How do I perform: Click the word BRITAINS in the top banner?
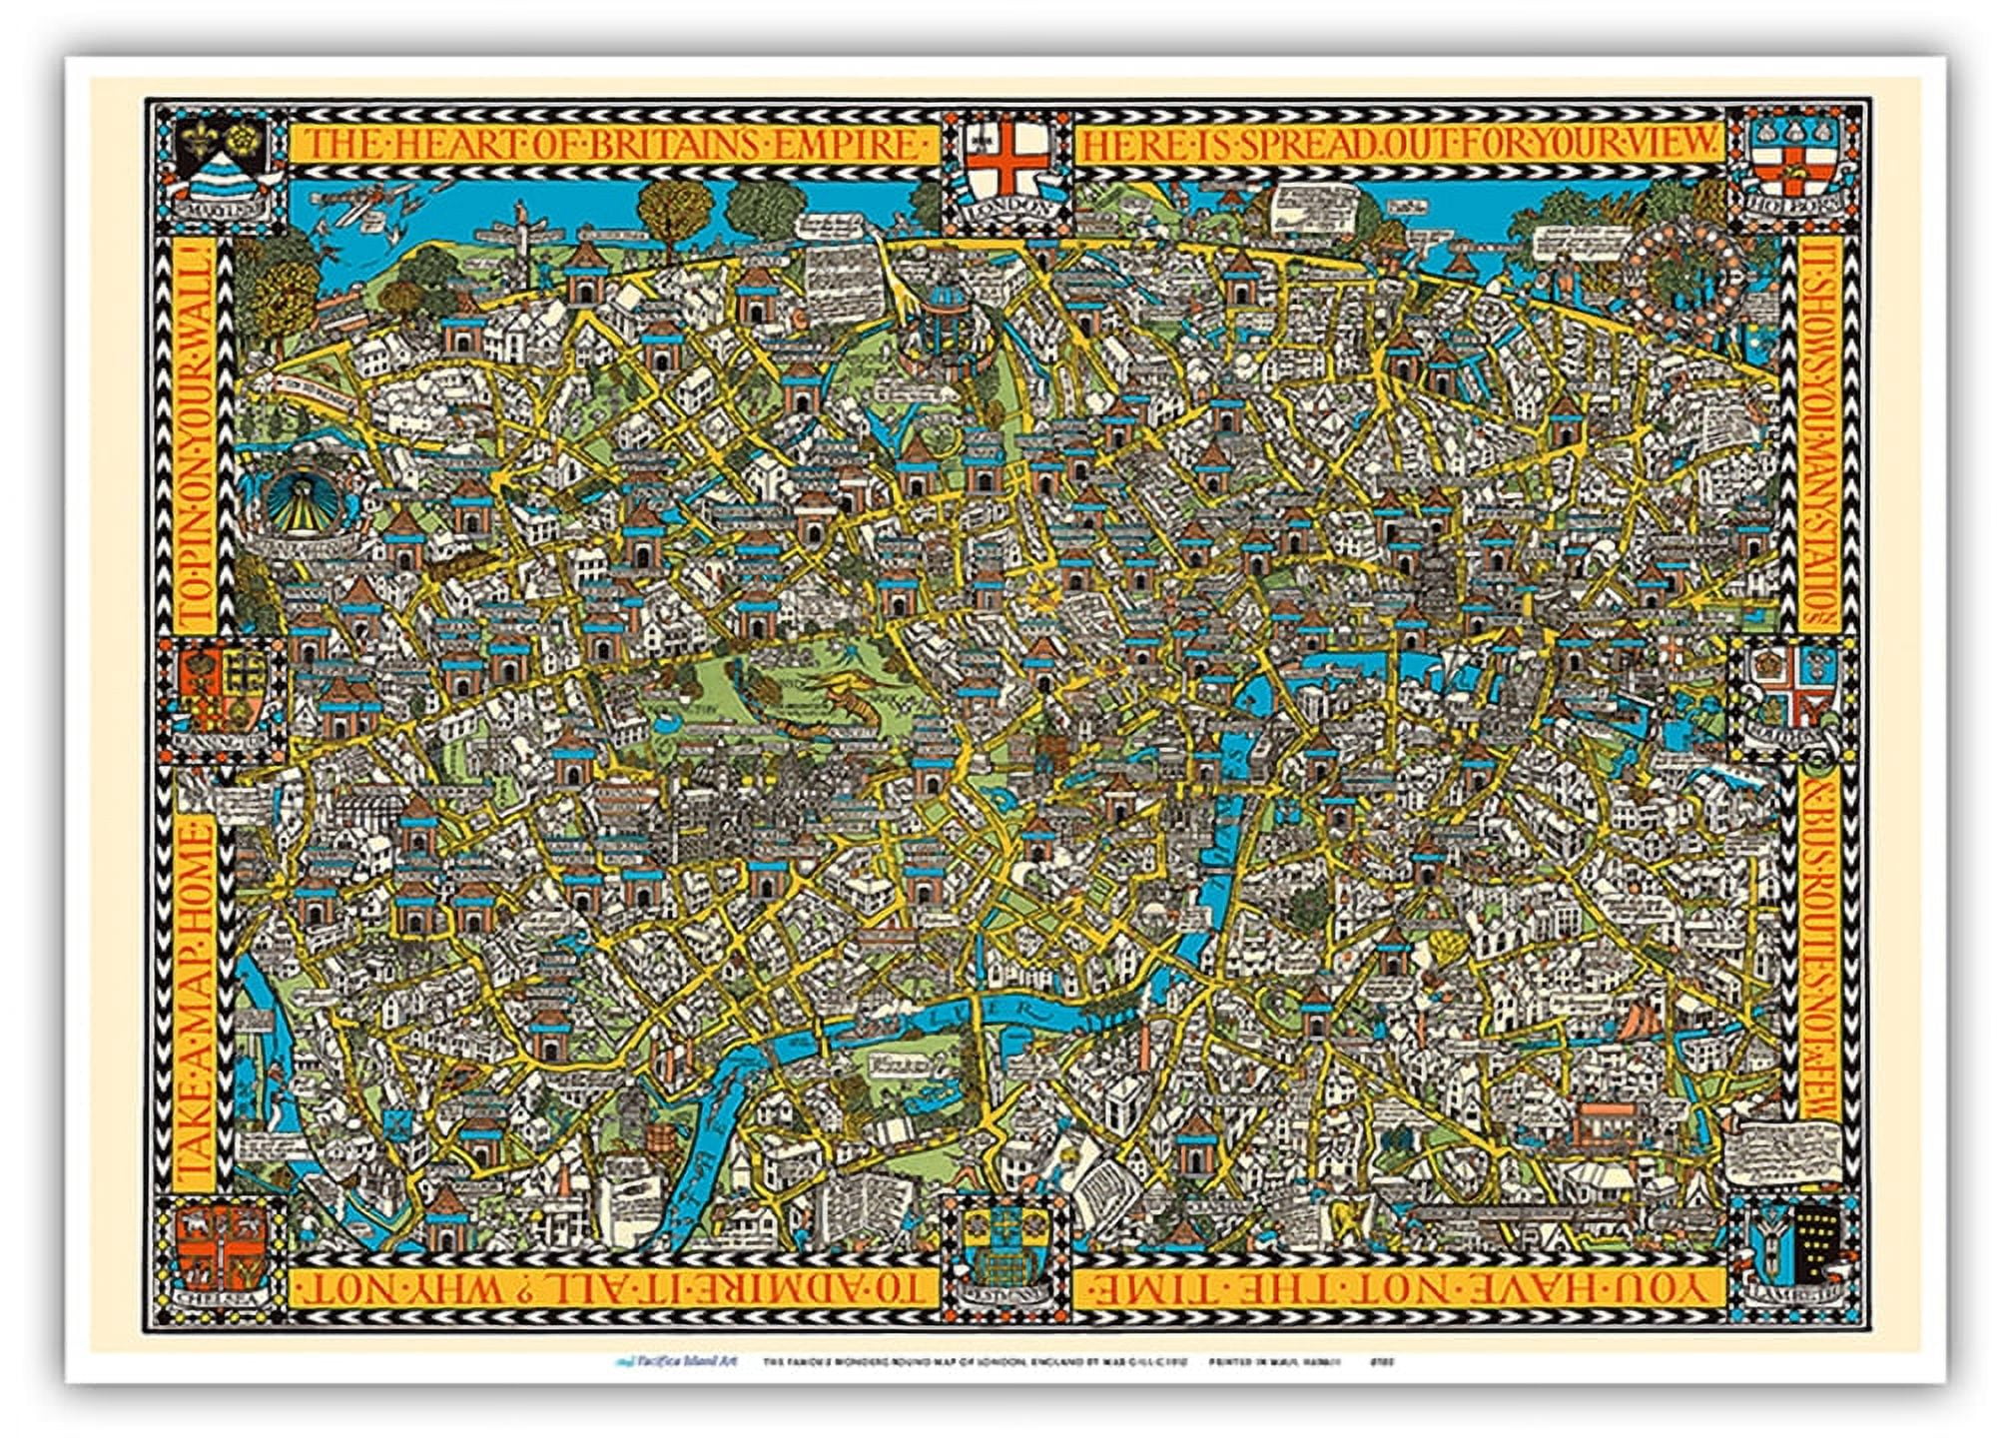664,146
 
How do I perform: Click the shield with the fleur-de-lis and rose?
221,160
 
